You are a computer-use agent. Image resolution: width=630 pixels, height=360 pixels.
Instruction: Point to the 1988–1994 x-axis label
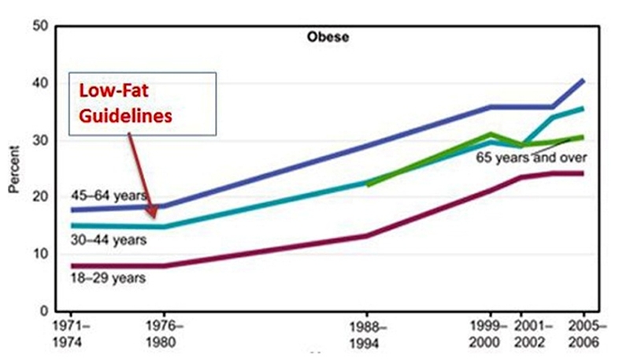[x=368, y=333]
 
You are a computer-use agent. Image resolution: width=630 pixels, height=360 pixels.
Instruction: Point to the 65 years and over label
[x=531, y=157]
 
